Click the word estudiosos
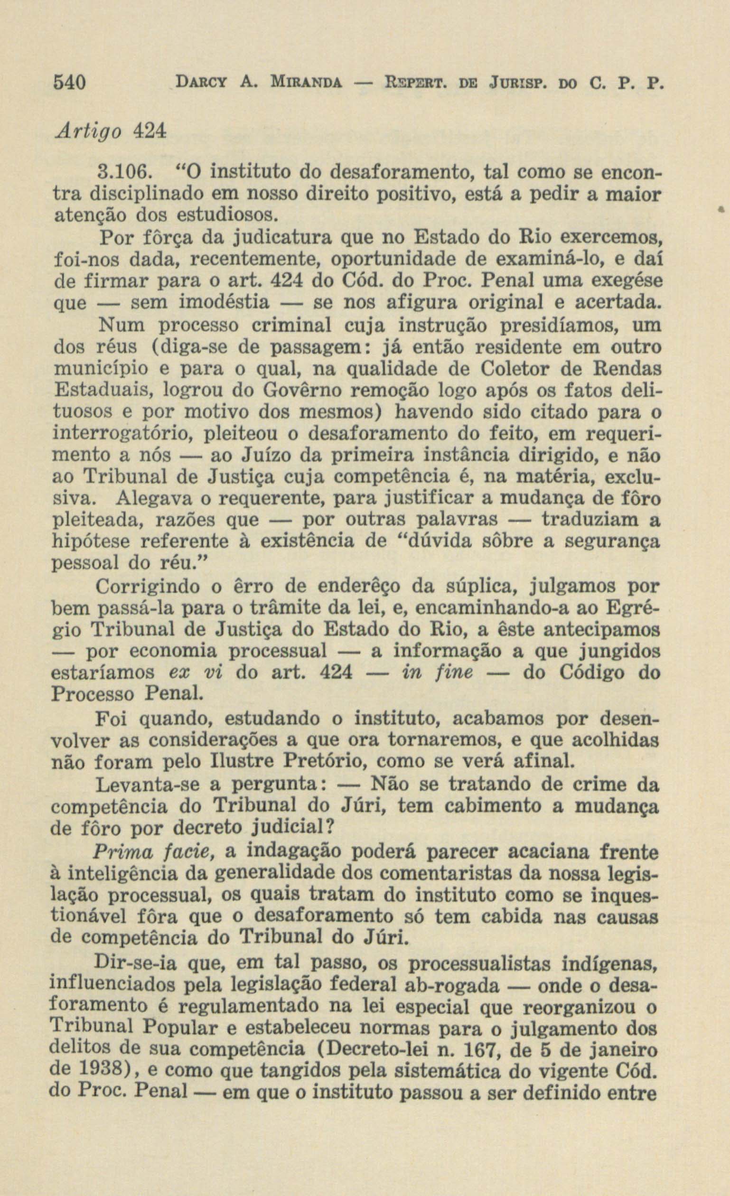click(226, 214)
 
